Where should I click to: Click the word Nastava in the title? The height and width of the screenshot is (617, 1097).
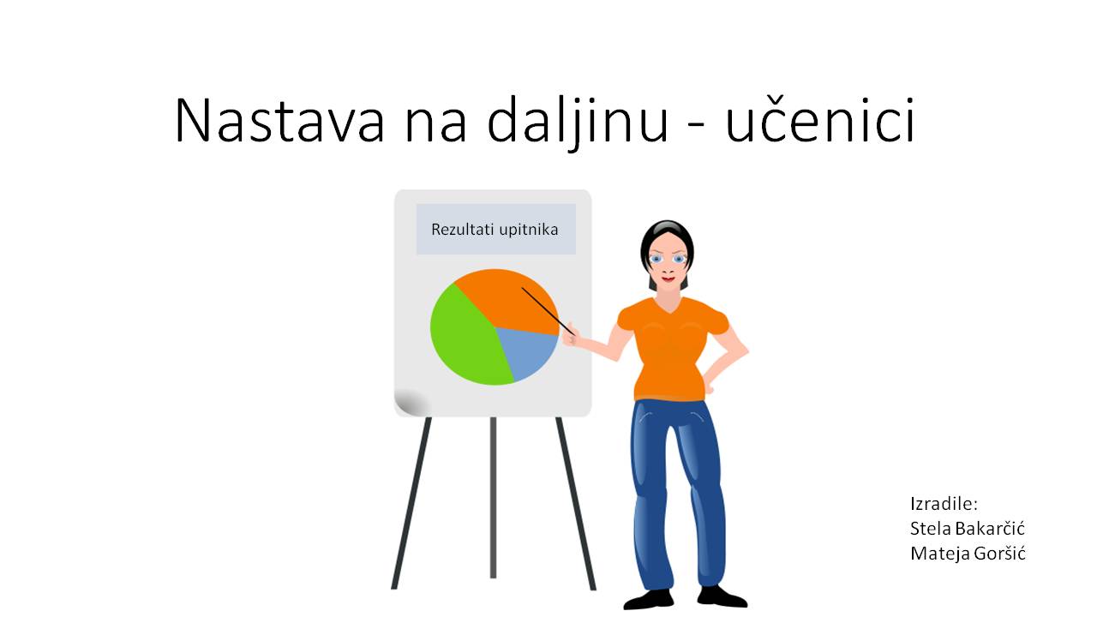[279, 121]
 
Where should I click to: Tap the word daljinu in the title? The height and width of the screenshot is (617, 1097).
[578, 123]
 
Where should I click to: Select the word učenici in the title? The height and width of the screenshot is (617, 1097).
[820, 120]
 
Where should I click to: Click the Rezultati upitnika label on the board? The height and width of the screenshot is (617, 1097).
[495, 230]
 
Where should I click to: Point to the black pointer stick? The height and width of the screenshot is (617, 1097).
[548, 311]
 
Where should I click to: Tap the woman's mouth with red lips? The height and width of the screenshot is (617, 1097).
[668, 279]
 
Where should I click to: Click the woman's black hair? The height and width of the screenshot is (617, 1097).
[667, 240]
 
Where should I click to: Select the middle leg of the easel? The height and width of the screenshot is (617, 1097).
[493, 498]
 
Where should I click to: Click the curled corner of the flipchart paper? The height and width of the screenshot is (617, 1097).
[411, 402]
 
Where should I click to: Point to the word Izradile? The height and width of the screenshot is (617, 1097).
[944, 503]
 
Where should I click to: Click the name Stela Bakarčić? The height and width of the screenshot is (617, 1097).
[968, 529]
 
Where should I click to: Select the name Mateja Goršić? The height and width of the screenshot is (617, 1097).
[968, 554]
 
